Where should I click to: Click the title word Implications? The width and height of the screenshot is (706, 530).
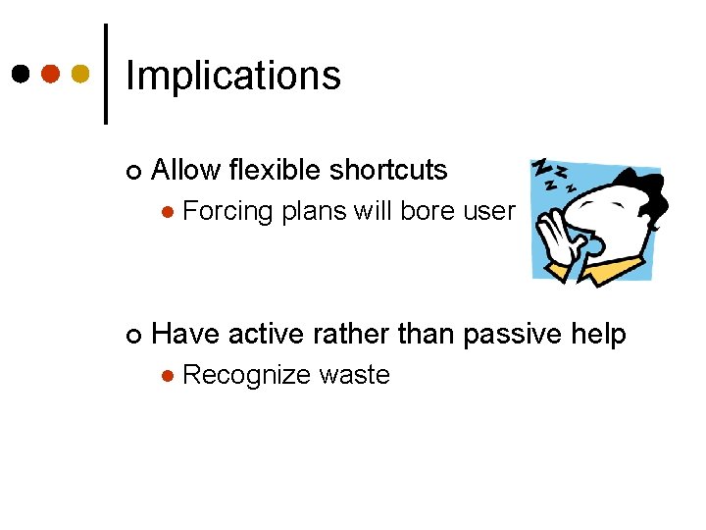[233, 77]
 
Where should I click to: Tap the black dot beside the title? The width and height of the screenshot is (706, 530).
[20, 74]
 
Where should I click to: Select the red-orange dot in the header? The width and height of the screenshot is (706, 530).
[50, 74]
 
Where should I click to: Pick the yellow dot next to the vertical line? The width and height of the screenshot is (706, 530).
[80, 74]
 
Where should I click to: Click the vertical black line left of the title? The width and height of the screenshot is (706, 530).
[106, 74]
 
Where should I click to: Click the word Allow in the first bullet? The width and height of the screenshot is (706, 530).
[186, 170]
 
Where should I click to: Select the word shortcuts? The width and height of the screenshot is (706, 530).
[388, 171]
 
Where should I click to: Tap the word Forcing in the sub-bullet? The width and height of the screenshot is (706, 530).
[227, 211]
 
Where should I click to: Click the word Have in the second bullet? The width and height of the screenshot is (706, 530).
[186, 335]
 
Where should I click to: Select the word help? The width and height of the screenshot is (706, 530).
[599, 335]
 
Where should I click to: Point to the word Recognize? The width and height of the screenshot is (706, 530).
[249, 376]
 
